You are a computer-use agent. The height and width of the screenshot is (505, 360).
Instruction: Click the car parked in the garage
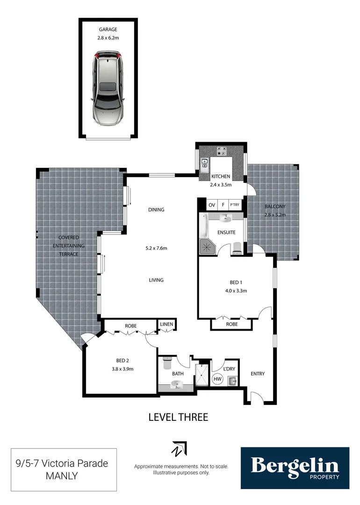108,88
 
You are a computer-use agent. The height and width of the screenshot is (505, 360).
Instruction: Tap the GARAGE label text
108,29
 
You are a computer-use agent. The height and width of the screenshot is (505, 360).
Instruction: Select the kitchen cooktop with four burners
222,151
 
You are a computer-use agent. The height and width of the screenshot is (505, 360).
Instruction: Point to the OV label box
212,205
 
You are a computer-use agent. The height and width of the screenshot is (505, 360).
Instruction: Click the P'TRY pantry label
234,205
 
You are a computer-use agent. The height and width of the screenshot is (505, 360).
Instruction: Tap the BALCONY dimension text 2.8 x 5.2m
275,215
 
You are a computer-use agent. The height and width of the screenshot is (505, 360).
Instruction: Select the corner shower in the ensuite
207,247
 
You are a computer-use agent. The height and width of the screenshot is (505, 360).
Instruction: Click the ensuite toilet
237,247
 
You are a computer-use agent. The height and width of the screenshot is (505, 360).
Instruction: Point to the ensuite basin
226,218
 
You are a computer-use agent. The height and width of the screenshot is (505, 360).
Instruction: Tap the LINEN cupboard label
166,324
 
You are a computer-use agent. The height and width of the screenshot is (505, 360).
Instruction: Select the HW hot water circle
217,379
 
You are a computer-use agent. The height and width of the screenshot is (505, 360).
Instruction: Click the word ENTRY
258,374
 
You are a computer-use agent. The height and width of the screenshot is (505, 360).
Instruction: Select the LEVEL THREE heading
178,417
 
